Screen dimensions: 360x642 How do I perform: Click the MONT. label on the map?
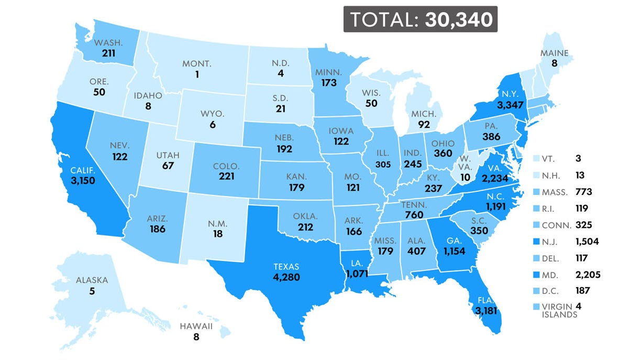(197, 64)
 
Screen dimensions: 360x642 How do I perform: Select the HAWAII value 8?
(196, 337)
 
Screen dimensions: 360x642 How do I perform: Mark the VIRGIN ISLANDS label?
(560, 310)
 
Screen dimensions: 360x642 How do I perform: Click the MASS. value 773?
(584, 192)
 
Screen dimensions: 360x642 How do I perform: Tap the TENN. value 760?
(414, 214)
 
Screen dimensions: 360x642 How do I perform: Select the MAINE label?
(555, 53)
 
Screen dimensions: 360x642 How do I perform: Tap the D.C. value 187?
(583, 290)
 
